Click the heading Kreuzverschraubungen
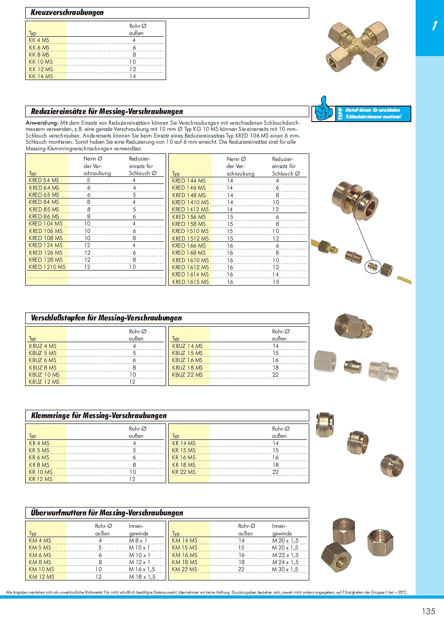(67, 12)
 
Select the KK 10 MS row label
(41, 62)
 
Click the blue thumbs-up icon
(324, 109)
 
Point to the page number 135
(428, 611)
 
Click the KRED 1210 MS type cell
(47, 267)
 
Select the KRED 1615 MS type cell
(190, 282)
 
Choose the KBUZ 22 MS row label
(187, 375)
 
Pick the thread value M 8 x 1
(138, 541)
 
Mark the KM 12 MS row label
(42, 576)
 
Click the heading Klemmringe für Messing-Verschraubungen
(99, 416)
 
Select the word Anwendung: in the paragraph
(42, 122)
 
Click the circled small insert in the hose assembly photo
(373, 267)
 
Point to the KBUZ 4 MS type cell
(42, 346)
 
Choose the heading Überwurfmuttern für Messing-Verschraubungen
(107, 513)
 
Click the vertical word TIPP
(340, 114)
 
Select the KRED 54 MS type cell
(44, 180)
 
